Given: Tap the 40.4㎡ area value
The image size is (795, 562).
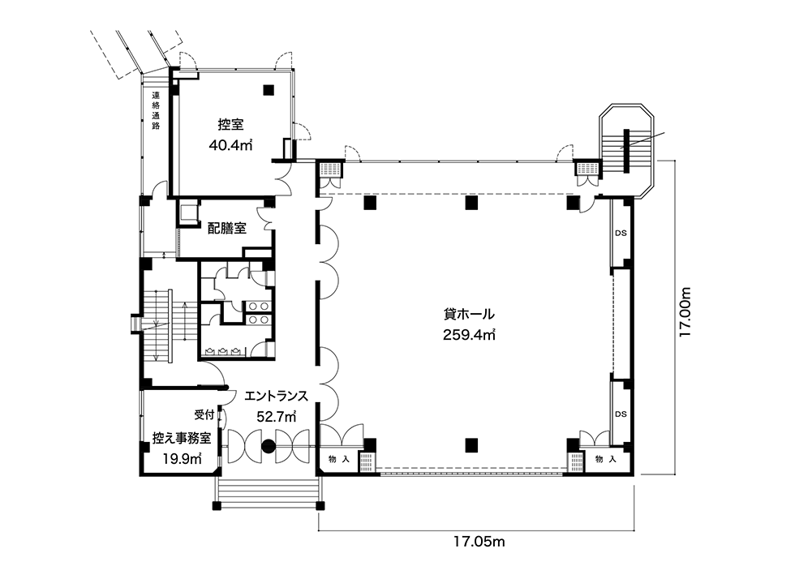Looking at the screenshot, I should pos(231,146).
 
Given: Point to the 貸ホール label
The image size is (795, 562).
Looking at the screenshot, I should pos(469,314).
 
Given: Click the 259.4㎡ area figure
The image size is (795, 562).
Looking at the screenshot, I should pos(469,334).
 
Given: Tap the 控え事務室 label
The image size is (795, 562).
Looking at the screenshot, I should pos(182,439).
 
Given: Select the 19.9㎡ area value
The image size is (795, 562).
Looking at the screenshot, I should pos(182,459).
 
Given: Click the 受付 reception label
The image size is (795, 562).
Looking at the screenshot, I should pos(204,414).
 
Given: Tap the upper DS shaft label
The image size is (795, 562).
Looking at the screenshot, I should pos(621,234).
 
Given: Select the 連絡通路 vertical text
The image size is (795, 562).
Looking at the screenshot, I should pos(156,110).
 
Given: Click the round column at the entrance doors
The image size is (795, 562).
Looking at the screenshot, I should pos(269,446).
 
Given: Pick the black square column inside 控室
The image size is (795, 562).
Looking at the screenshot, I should pos(268,89).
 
